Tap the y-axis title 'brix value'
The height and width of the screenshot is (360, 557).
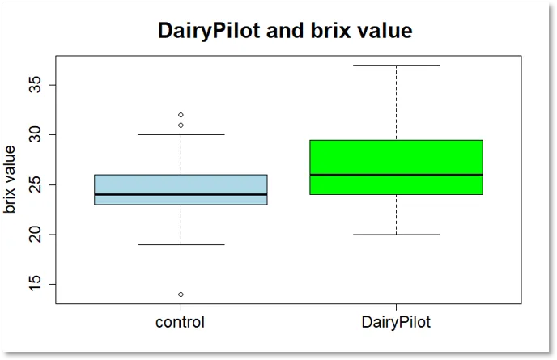click(x=10, y=179)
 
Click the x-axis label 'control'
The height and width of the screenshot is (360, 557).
click(x=180, y=322)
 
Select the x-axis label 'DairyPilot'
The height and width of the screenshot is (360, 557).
click(x=396, y=322)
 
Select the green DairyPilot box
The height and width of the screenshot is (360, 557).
click(x=396, y=158)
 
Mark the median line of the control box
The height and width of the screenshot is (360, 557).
click(x=180, y=194)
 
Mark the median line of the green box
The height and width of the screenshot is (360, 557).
click(x=396, y=175)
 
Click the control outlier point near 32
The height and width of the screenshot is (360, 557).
click(x=181, y=115)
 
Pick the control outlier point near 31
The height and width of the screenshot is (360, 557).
click(x=181, y=125)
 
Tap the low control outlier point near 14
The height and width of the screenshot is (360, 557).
click(x=181, y=294)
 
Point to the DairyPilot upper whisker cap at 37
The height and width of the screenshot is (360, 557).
click(x=396, y=65)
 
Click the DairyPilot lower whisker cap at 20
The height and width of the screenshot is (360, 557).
click(x=396, y=235)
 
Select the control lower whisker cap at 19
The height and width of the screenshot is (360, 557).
click(x=180, y=244)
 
